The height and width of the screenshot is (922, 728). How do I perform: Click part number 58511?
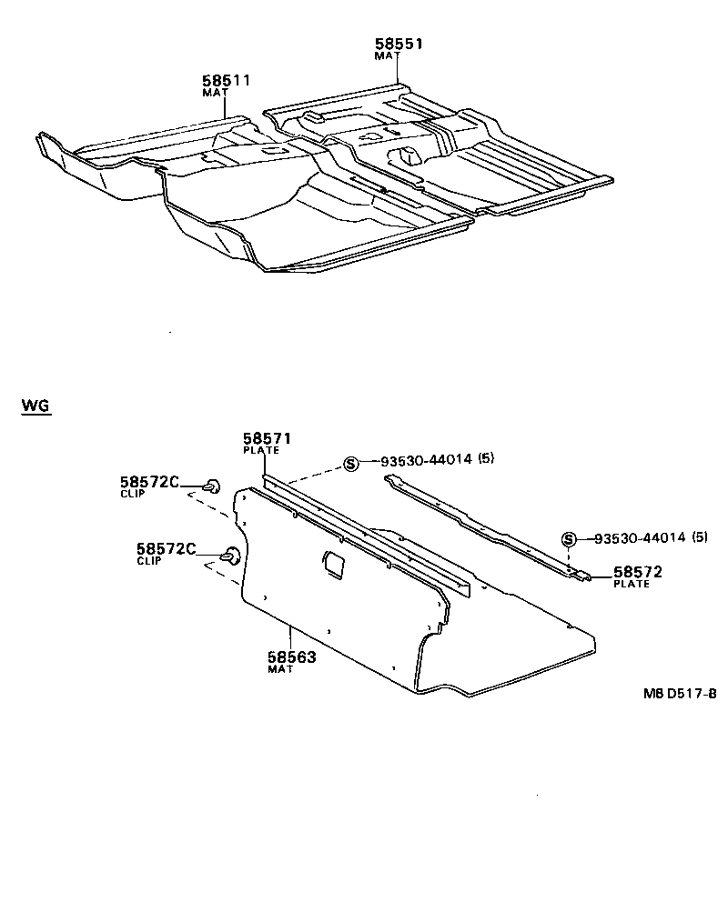[x=226, y=80]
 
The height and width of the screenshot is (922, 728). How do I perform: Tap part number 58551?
[x=399, y=44]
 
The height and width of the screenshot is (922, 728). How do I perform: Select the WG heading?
[x=35, y=406]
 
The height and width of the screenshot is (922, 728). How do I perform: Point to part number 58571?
[x=267, y=439]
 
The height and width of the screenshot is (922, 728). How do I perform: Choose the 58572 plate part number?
[x=637, y=572]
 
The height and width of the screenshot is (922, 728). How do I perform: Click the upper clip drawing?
[x=211, y=486]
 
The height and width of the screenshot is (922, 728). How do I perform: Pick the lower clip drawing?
[x=232, y=555]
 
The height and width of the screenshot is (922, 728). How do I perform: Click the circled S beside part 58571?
[x=349, y=464]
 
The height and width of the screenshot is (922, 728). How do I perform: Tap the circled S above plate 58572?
[x=569, y=538]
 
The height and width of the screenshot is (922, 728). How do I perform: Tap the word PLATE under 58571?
[x=260, y=451]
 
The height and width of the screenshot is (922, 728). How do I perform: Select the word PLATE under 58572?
[x=632, y=585]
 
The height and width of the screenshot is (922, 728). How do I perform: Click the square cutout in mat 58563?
[x=334, y=563]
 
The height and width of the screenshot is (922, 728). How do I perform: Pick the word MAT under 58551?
[x=387, y=55]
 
